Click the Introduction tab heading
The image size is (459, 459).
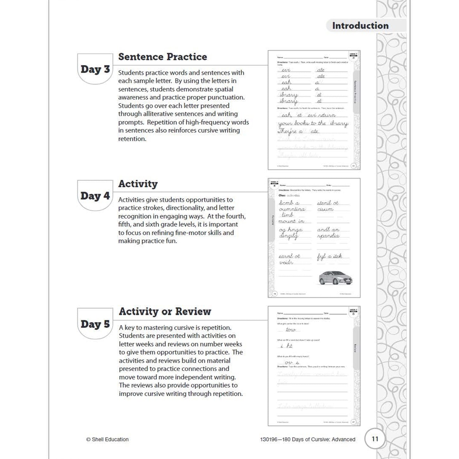360,26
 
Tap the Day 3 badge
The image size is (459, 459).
95,69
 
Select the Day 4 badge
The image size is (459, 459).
95,196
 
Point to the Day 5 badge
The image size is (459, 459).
95,324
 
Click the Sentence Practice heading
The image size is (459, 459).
162,57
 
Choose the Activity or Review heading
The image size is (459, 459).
165,312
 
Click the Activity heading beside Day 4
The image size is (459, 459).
138,184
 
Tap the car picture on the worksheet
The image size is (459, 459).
335,278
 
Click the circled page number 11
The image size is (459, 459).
375,439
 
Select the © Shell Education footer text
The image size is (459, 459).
107,439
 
